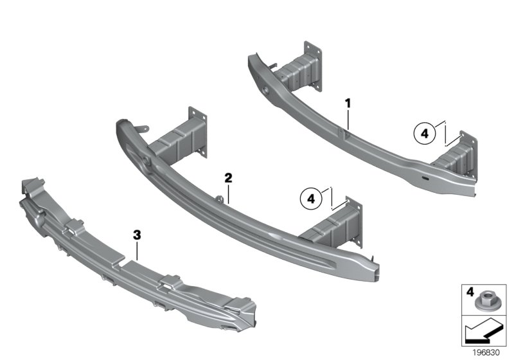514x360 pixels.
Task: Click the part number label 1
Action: pyautogui.click(x=348, y=104)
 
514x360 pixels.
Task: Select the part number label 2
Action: pyautogui.click(x=228, y=178)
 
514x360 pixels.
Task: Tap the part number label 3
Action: pyautogui.click(x=137, y=235)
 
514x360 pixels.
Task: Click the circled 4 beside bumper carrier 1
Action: pyautogui.click(x=425, y=134)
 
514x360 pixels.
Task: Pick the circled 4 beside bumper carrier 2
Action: pyautogui.click(x=311, y=199)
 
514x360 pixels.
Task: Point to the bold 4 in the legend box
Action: pyautogui.click(x=470, y=292)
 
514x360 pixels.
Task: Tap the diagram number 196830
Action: pyautogui.click(x=486, y=353)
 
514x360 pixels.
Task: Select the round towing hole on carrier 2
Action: pyautogui.click(x=146, y=161)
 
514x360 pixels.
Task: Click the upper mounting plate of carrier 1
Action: pyautogui.click(x=312, y=66)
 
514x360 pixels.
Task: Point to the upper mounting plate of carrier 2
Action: pyautogui.click(x=198, y=132)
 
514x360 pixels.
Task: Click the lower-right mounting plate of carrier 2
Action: pyautogui.click(x=354, y=222)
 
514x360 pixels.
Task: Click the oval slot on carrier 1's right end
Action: pyautogui.click(x=425, y=178)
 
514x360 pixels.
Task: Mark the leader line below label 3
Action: pyautogui.click(x=137, y=251)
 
